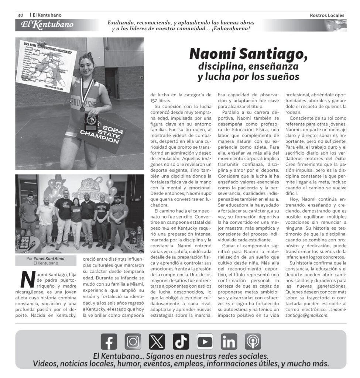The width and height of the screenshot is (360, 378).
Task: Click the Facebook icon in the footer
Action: coord(109,341)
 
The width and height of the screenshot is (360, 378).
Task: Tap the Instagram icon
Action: coord(133,341)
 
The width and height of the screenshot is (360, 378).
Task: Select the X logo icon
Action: coord(157,341)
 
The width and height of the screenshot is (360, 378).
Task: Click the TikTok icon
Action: coord(181,341)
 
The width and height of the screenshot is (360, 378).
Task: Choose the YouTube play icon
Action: coord(205,341)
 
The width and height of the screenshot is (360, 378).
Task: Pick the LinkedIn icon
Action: coord(229,341)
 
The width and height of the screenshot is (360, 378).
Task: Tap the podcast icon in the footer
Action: coord(253,341)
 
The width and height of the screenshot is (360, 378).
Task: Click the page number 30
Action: coord(20,15)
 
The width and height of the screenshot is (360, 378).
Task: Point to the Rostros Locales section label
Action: coord(327,16)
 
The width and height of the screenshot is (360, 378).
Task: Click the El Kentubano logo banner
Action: coord(47,25)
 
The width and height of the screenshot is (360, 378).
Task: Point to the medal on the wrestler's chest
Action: coord(83,109)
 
